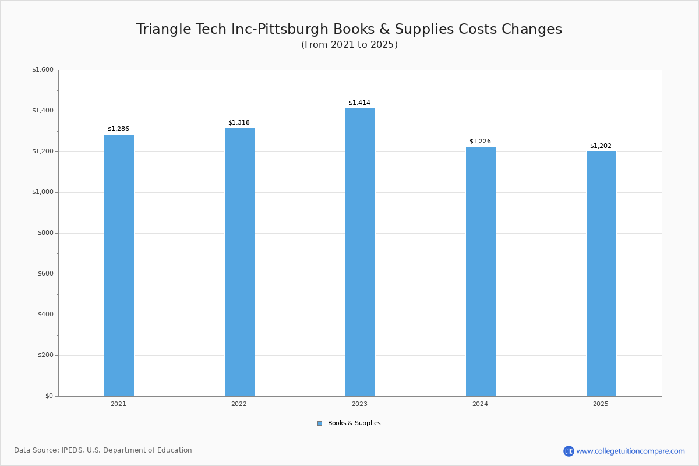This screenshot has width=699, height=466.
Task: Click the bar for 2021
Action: (119, 266)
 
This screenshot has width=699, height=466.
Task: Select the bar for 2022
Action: (239, 262)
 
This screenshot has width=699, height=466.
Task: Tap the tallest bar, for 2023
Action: (360, 252)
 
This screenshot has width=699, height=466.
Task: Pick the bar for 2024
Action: (481, 271)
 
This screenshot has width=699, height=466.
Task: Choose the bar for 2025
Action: (601, 274)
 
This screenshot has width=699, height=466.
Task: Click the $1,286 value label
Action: (118, 129)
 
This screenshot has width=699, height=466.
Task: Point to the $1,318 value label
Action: (239, 122)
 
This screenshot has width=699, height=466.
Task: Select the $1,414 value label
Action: (359, 103)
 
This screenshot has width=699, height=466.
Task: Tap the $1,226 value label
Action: (480, 141)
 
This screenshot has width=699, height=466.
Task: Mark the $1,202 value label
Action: (601, 146)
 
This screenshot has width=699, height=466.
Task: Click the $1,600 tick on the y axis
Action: (43, 70)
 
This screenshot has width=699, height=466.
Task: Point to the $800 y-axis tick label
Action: (44, 233)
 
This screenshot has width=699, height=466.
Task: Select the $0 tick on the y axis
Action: (48, 396)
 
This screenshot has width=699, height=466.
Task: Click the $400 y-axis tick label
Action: (44, 315)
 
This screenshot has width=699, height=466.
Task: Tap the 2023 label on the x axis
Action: (359, 404)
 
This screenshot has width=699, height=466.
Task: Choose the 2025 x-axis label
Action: (601, 404)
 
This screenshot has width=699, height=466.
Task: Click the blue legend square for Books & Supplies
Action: (320, 423)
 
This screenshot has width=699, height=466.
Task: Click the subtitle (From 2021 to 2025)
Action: (349, 45)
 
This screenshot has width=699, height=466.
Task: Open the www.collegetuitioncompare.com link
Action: (630, 451)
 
